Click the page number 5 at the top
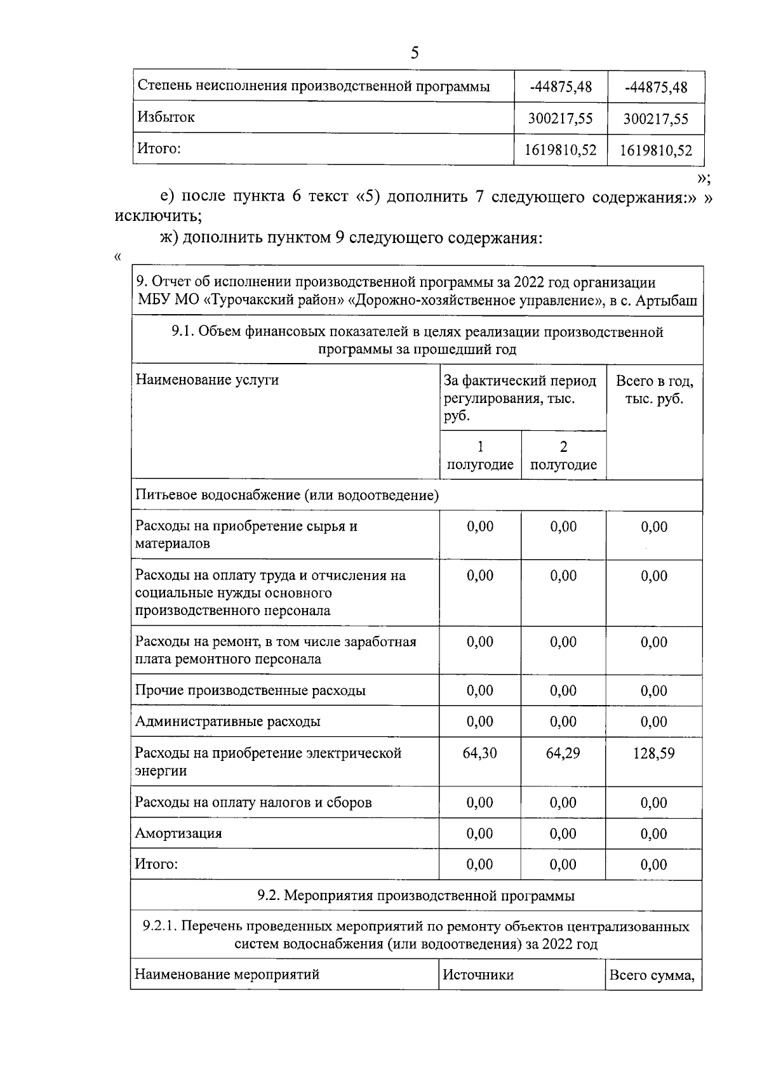pos(415,53)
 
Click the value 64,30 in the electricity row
pos(480,753)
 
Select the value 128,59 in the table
pos(654,753)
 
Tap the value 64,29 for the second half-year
pos(563,753)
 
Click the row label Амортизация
pos(178,833)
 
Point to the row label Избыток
pos(166,117)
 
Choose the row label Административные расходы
pos(227,721)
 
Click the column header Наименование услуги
pos(207,380)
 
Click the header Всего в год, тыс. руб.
pos(654,390)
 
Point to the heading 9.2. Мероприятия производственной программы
pos(416,895)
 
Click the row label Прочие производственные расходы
pos(250,690)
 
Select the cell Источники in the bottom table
pos(478,974)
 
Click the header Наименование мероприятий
pos(227,974)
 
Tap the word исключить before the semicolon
pos(156,216)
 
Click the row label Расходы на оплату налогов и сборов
pos(253,802)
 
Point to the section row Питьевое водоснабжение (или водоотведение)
pos(287,495)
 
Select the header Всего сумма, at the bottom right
pos(652,975)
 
